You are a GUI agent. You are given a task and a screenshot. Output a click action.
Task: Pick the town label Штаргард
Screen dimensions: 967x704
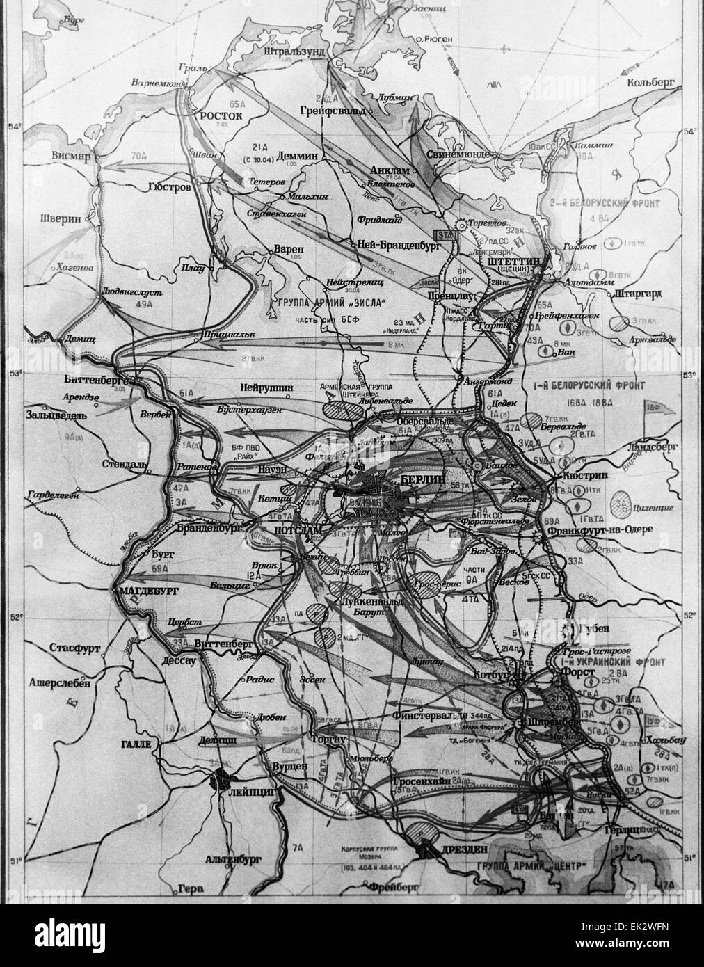click(639, 294)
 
